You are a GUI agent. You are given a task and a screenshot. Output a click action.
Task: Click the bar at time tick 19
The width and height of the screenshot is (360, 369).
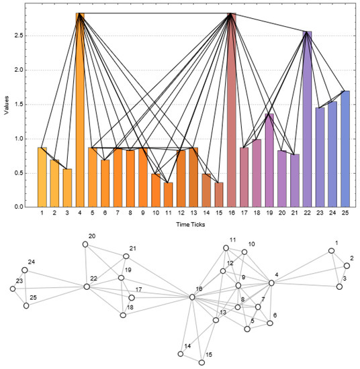269,160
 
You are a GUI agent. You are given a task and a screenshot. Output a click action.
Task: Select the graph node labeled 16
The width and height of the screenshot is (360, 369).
192,297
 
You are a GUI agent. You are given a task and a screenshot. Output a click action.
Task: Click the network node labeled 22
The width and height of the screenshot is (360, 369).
87,286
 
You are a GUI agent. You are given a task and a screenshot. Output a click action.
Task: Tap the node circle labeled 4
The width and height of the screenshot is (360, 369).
272,283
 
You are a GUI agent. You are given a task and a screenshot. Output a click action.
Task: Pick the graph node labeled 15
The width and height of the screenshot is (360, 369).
201,362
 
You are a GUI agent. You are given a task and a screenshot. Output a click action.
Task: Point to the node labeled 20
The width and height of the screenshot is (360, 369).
85,245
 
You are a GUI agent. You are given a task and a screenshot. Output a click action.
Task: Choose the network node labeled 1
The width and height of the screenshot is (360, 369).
331,251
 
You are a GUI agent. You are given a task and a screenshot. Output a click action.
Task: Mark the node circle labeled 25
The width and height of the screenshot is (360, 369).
26,305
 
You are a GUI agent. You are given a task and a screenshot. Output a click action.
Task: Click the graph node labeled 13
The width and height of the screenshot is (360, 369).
215,321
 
